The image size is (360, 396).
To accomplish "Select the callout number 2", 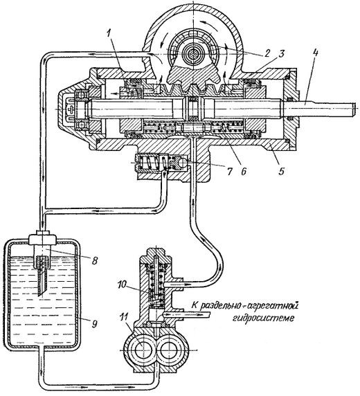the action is [267, 53].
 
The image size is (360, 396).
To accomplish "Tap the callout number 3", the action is [282, 54].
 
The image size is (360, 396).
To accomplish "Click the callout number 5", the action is [281, 171].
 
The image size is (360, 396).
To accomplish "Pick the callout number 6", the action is [243, 171].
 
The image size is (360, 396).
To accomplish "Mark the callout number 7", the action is [229, 171].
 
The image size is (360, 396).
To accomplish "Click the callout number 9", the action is [94, 323].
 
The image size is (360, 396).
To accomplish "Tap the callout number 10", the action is [123, 284].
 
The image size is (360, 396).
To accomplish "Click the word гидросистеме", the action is [263, 317].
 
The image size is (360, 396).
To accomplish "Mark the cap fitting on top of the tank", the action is [43, 237].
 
